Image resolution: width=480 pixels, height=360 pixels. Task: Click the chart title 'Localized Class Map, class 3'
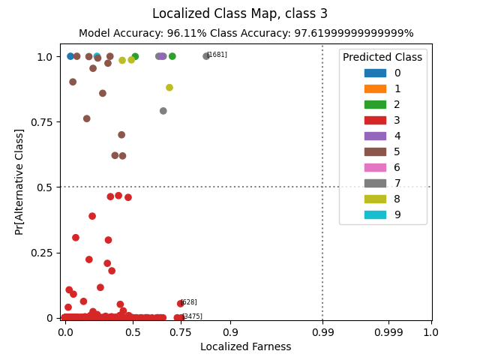pos(240,13)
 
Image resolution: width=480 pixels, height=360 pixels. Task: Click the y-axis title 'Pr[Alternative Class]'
pos(19,181)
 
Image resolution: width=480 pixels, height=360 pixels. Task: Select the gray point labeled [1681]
pos(206,56)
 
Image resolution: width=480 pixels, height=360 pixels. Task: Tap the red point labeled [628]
pos(180,304)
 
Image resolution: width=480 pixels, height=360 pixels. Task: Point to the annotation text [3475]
pos(193,316)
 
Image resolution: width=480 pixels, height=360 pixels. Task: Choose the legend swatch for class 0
pos(375,73)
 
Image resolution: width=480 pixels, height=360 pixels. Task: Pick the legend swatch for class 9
pos(375,214)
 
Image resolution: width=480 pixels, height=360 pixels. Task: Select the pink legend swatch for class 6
pos(375,167)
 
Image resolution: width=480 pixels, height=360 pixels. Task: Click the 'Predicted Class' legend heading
pos(382,57)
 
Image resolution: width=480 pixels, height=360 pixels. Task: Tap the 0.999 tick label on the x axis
pos(388,331)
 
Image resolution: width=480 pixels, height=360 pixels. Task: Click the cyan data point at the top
pos(97,56)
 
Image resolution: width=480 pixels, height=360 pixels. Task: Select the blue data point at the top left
pos(70,56)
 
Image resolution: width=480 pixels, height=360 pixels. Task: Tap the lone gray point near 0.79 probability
pos(163,111)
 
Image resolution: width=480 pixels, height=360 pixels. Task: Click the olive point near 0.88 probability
pos(169,88)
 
